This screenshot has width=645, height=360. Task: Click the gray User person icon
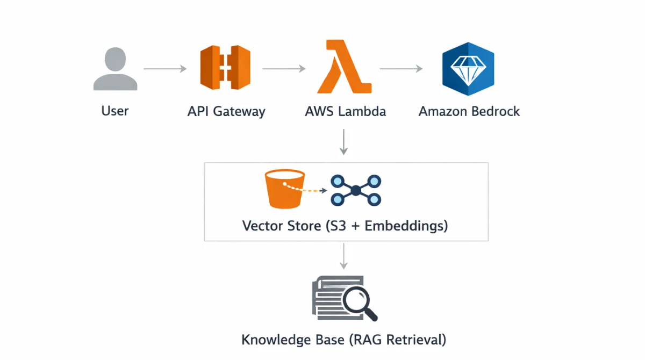click(115, 69)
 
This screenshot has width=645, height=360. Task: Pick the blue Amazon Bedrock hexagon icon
click(468, 69)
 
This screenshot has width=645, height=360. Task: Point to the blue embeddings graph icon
click(356, 190)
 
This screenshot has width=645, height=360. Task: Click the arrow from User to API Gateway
click(165, 69)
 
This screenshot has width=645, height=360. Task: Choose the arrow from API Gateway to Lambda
click(284, 69)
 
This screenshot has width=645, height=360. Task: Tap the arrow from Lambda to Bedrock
click(401, 69)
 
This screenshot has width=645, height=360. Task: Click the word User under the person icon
click(115, 111)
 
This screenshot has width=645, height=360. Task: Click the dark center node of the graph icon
click(356, 190)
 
